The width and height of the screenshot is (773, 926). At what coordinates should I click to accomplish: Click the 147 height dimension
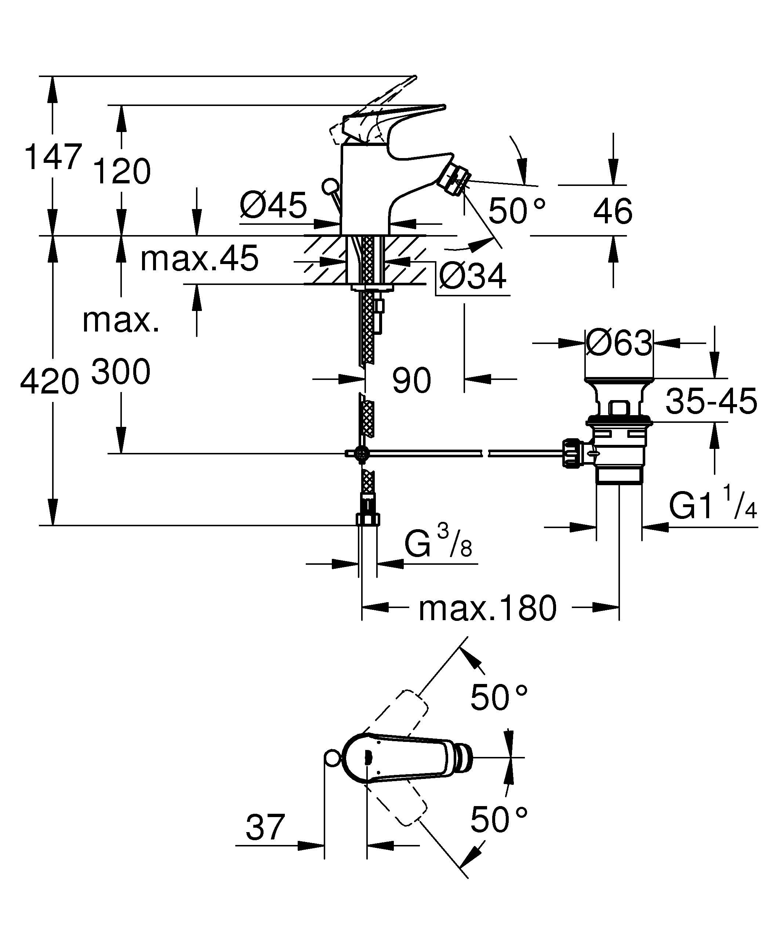tap(53, 157)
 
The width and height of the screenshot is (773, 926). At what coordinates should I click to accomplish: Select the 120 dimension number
tap(122, 172)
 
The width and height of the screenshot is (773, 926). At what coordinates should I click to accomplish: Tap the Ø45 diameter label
tap(273, 205)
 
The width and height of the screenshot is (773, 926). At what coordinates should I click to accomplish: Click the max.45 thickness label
tap(199, 259)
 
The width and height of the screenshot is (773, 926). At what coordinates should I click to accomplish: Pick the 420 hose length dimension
tap(50, 382)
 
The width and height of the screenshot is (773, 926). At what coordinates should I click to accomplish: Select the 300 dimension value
tap(121, 372)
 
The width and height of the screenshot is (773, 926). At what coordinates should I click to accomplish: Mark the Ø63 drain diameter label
tap(619, 343)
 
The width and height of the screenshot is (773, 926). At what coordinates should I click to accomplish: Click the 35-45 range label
tap(711, 401)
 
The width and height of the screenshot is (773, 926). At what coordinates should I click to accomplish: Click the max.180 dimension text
tap(487, 609)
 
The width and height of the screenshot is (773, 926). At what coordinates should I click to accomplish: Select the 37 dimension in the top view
tap(265, 828)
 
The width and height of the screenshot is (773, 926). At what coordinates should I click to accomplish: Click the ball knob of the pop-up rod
tap(330, 186)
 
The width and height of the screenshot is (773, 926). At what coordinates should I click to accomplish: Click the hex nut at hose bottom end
tap(367, 519)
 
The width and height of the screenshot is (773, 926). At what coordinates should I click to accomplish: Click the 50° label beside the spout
tap(517, 211)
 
